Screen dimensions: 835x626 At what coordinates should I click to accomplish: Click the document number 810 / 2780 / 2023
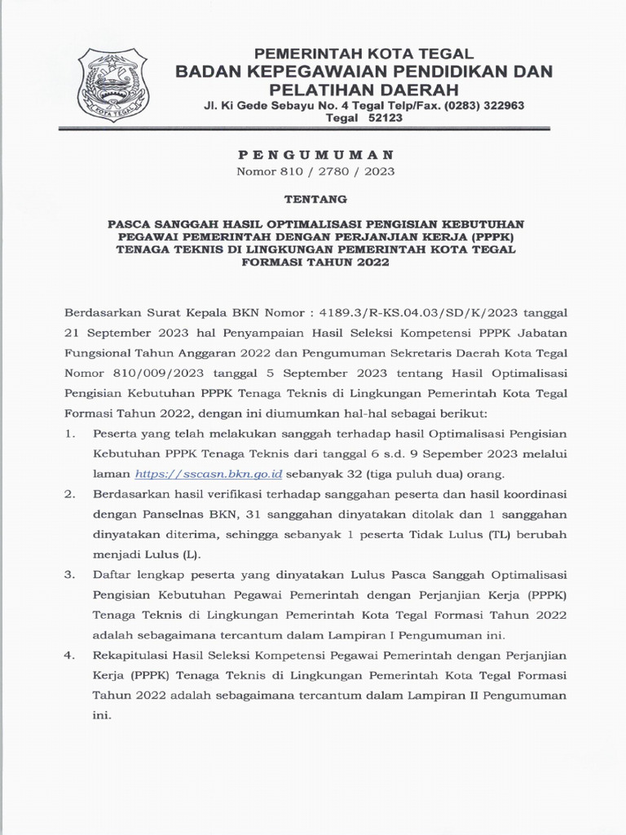tap(315, 171)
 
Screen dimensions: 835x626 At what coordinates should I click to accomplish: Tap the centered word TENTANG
tap(314, 198)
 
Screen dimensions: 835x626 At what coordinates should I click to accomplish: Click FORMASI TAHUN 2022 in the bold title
tap(314, 263)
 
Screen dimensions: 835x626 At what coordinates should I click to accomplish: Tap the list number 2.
tap(70, 494)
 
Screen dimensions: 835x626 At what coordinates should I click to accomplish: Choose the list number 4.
tap(70, 656)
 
